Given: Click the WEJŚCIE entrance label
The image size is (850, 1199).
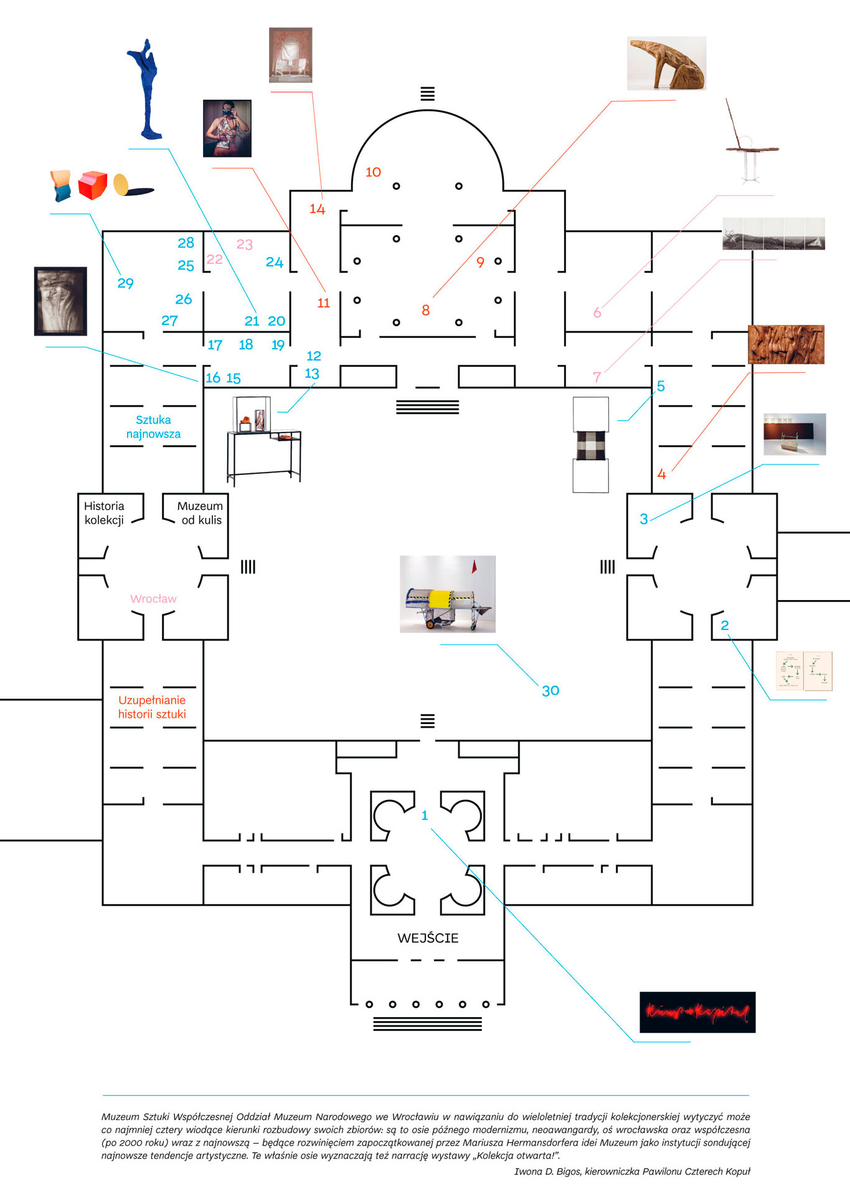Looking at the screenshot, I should (428, 938).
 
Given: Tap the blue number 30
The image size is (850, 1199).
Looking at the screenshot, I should (550, 690).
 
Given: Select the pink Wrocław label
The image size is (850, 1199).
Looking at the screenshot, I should (153, 599).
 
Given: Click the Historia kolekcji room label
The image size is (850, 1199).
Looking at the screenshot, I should (104, 513).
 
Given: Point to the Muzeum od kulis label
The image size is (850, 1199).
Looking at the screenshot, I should (200, 513).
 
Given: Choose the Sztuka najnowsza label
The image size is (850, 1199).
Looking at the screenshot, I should (153, 427).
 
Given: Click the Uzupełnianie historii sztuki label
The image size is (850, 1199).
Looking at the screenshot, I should (152, 707).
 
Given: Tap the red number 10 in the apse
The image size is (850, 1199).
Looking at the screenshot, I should (373, 172).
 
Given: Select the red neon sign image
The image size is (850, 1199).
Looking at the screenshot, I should (697, 1012).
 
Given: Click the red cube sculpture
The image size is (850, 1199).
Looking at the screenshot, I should (93, 185).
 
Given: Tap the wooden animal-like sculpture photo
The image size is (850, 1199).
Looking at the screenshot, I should (666, 63).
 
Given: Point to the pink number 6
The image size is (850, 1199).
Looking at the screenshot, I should (597, 313).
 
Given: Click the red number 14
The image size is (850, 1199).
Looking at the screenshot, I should (318, 209).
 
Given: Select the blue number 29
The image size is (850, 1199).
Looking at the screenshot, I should (125, 283).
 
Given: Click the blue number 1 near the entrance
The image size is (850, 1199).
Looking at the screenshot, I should (425, 816).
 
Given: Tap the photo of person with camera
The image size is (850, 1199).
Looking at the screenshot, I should (227, 128).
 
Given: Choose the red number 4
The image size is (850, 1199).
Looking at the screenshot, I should (661, 474).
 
